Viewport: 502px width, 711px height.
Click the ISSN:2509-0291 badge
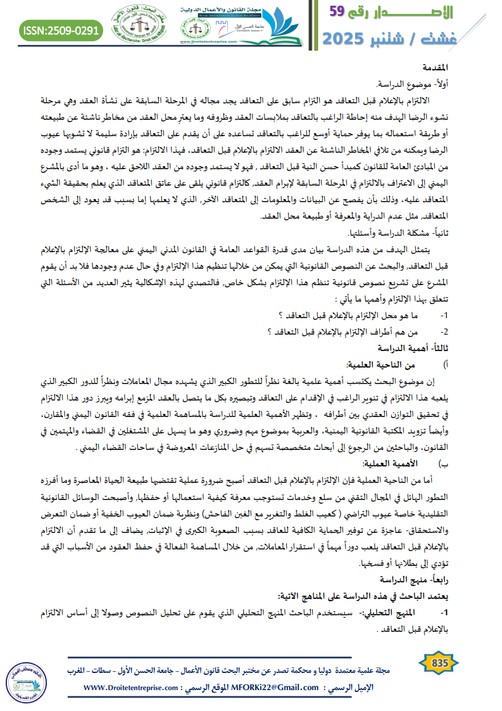click(x=61, y=30)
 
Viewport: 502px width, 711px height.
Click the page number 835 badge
click(x=439, y=663)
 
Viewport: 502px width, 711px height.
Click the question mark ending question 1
click(x=281, y=315)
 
